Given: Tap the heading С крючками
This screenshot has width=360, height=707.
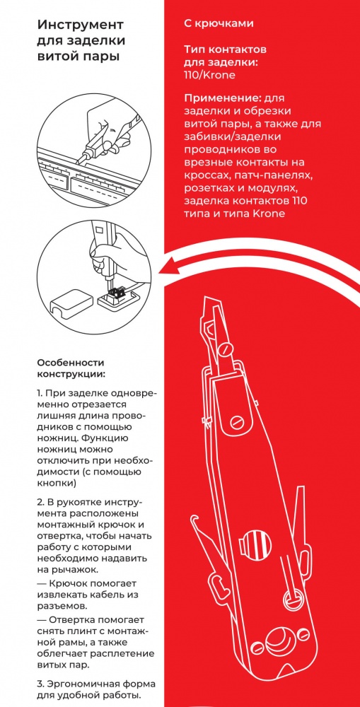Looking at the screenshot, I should pyautogui.click(x=219, y=24).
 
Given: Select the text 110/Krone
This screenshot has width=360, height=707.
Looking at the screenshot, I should pyautogui.click(x=209, y=74).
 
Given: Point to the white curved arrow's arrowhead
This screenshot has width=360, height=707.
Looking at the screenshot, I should pyautogui.click(x=166, y=270).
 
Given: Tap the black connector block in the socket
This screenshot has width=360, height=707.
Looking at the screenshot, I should pyautogui.click(x=114, y=292).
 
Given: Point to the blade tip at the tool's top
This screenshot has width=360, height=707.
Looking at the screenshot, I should pyautogui.click(x=206, y=300).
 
